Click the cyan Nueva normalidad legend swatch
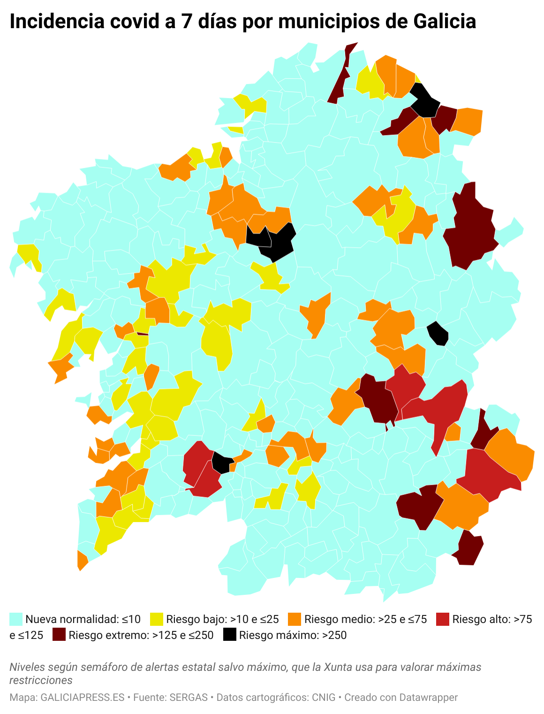tap(16, 619)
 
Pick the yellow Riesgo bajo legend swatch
tap(157, 619)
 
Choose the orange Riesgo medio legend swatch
tap(295, 619)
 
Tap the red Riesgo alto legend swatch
tap(443, 619)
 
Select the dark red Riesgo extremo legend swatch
tap(59, 635)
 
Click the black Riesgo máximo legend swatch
tap(229, 635)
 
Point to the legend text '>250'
tap(334, 635)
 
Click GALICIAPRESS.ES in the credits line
tap(83, 698)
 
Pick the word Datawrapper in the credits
tap(429, 698)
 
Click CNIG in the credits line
tap(324, 698)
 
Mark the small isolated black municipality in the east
tap(438, 334)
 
